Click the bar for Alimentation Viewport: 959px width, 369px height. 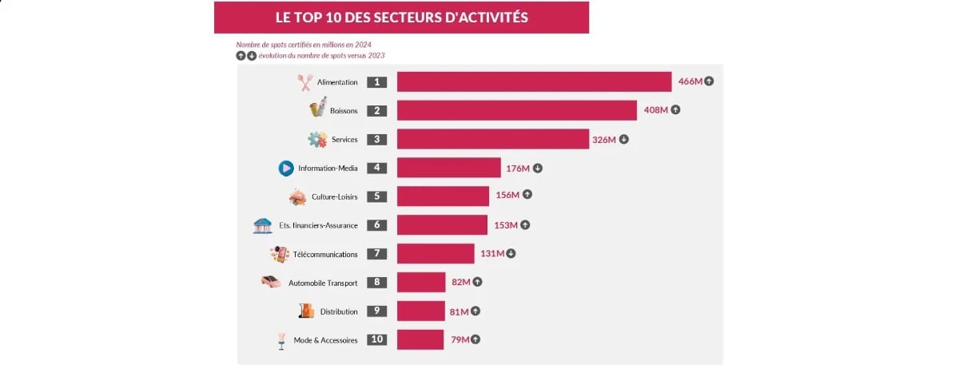(x=534, y=82)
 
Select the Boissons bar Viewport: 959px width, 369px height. (x=516, y=110)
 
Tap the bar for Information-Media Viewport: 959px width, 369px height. (x=448, y=168)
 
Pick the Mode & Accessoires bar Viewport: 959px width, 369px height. (x=420, y=339)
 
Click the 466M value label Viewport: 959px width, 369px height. (x=690, y=81)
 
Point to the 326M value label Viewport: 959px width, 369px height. (x=603, y=140)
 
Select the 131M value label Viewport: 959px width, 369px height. (x=491, y=254)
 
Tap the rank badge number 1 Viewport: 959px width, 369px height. (x=377, y=82)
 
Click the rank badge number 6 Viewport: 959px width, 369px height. (x=377, y=225)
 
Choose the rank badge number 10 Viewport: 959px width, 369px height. (x=377, y=339)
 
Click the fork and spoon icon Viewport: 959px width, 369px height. (x=304, y=82)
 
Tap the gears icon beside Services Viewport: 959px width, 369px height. (x=317, y=140)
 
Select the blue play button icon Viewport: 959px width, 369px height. (x=286, y=169)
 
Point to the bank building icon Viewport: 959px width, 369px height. (x=262, y=225)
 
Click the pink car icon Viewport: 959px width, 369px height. (x=271, y=282)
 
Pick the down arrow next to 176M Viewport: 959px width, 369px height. (x=538, y=169)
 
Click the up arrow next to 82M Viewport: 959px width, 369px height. (x=478, y=282)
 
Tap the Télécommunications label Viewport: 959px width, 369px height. (x=325, y=254)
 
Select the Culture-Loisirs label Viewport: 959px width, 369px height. (x=335, y=196)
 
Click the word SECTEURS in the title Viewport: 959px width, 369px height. (x=397, y=18)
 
